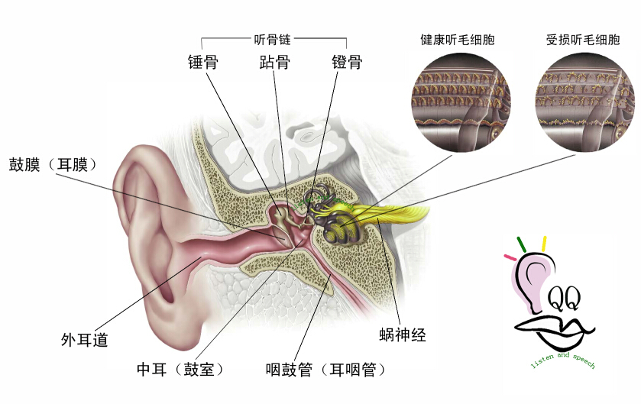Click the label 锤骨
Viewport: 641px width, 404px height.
(x=203, y=62)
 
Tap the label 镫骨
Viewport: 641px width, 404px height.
(x=346, y=62)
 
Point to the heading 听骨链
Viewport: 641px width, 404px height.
(x=272, y=37)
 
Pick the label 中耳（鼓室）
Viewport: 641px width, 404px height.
(x=180, y=370)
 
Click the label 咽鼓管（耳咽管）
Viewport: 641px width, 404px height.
(x=325, y=370)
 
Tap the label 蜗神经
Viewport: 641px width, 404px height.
(x=402, y=334)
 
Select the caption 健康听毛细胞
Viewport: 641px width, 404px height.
(x=458, y=39)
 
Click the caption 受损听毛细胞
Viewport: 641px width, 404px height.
(x=583, y=39)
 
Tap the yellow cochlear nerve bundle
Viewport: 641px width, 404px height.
(x=401, y=213)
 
